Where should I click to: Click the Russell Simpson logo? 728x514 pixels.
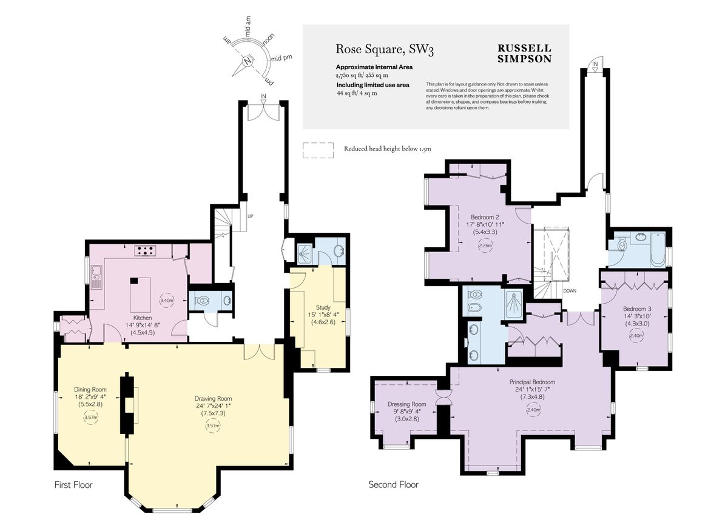524,54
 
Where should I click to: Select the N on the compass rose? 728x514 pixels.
248,60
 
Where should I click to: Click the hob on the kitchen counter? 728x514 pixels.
146,249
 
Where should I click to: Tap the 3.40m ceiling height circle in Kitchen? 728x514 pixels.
166,300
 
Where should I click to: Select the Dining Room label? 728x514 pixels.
90,389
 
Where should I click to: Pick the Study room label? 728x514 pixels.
323,307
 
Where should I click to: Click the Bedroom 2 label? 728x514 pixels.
485,217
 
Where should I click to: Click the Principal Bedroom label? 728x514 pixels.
532,382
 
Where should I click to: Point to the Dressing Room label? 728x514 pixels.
406,404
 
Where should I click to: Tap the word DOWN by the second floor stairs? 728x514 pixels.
569,291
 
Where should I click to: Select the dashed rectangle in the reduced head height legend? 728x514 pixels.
318,150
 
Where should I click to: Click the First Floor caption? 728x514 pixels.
73,485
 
